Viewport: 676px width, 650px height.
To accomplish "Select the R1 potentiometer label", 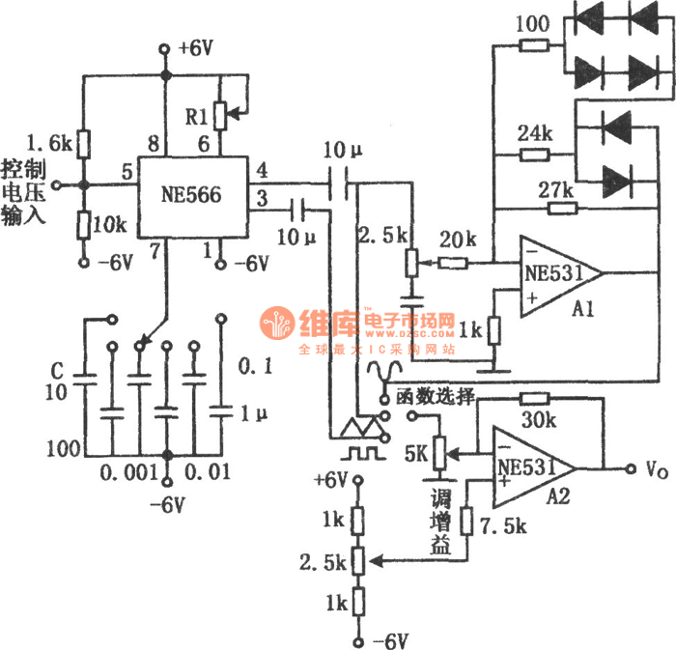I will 198,117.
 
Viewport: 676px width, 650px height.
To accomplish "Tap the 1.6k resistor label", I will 49,142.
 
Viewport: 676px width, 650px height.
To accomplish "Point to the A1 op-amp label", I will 581,310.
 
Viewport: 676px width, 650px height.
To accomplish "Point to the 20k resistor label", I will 454,239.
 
